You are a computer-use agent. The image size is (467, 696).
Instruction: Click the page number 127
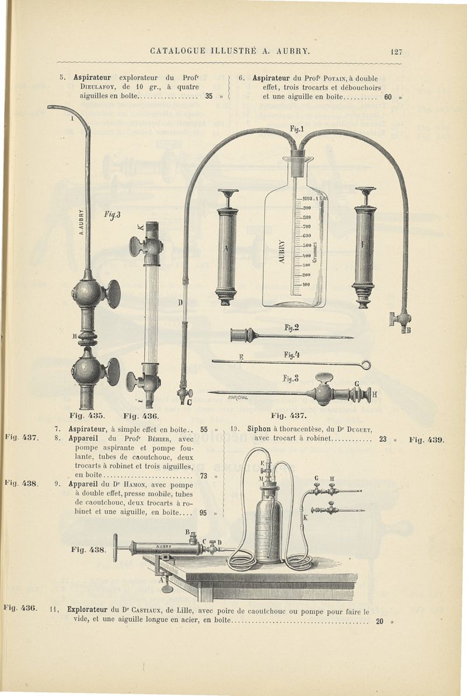396,51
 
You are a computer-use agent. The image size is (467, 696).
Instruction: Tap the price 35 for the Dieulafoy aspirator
208,97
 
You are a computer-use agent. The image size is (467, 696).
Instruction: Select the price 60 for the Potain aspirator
388,97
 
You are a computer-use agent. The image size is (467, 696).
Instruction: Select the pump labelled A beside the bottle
226,245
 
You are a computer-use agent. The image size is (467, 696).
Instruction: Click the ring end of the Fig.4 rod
366,365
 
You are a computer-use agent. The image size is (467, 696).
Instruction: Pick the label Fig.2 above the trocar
292,328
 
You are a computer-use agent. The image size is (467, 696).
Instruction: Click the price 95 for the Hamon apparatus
203,513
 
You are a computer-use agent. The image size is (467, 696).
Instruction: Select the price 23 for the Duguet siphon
383,439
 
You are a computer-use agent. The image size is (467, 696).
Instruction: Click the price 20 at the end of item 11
379,622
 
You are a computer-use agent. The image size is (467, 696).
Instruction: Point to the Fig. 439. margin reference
427,439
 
